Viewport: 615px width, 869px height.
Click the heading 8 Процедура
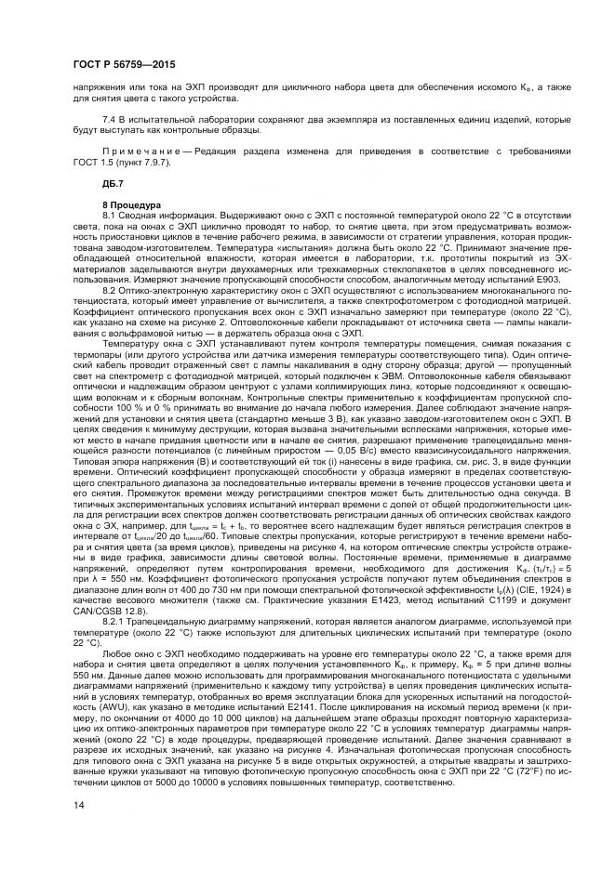point(132,204)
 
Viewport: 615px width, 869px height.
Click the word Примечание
point(140,149)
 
